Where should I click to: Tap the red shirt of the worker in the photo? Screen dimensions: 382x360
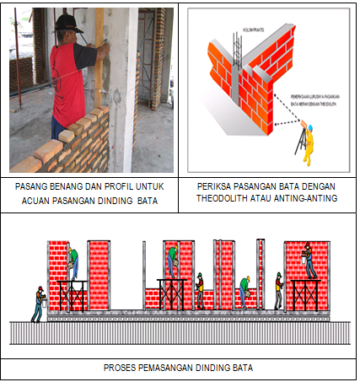tap(67, 80)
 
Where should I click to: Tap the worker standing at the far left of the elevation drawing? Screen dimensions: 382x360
tap(37, 304)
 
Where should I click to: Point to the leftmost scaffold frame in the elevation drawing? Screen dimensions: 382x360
tap(73, 296)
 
